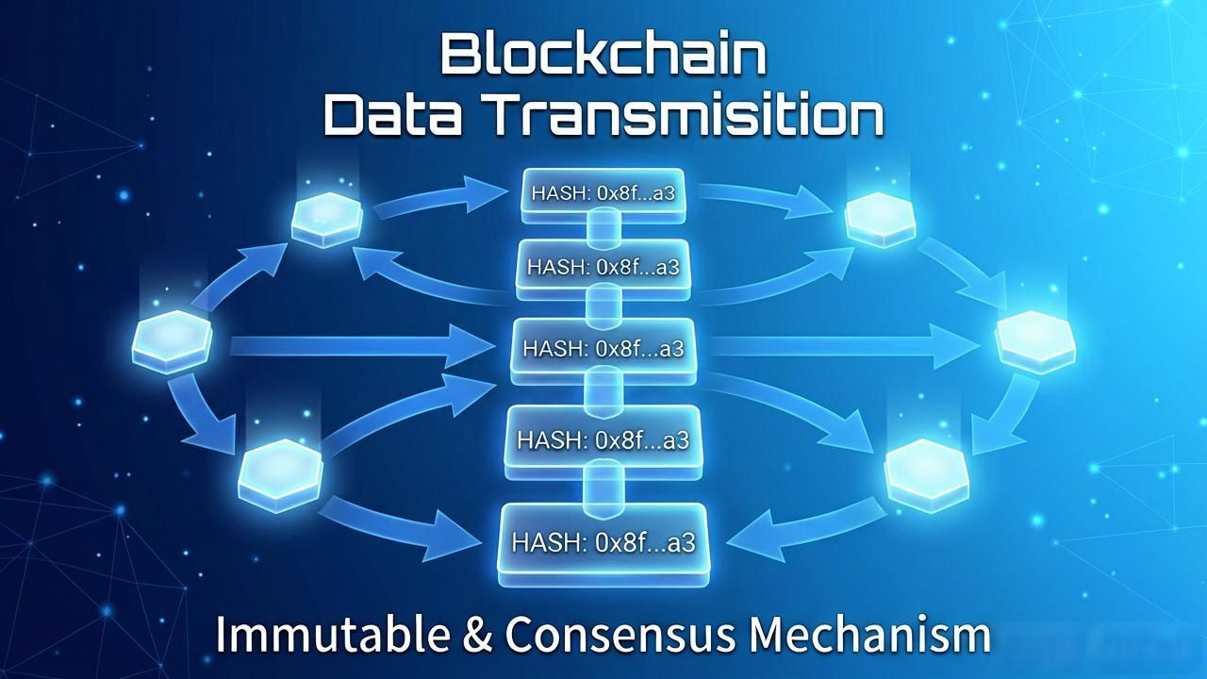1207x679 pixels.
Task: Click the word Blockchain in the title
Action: coord(603,55)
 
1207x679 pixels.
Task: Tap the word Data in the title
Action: coord(393,115)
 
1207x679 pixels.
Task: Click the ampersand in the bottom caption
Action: coord(477,635)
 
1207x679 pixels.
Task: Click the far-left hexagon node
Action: coord(172,342)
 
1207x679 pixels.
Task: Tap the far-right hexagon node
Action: coord(1035,342)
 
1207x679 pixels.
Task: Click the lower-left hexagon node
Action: coord(280,475)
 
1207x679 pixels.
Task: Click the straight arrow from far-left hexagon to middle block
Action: coord(362,346)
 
